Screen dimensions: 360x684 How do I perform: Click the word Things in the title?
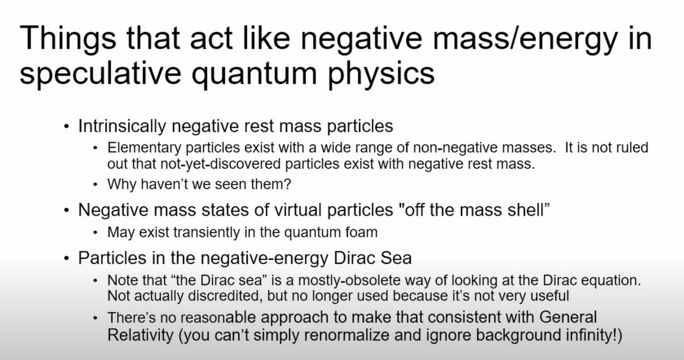click(68, 38)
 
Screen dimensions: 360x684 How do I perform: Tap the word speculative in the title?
click(100, 74)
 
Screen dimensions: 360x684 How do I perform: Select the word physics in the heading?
click(381, 74)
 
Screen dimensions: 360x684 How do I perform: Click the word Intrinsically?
click(122, 126)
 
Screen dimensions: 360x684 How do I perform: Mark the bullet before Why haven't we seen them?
click(95, 185)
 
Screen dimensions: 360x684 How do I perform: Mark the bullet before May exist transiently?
click(95, 233)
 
